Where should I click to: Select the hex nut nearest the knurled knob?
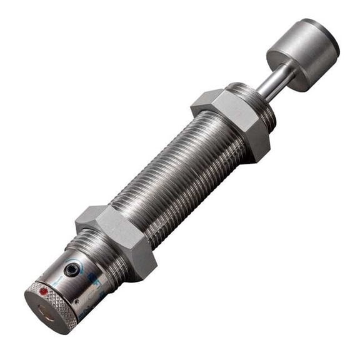coord(119,240)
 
